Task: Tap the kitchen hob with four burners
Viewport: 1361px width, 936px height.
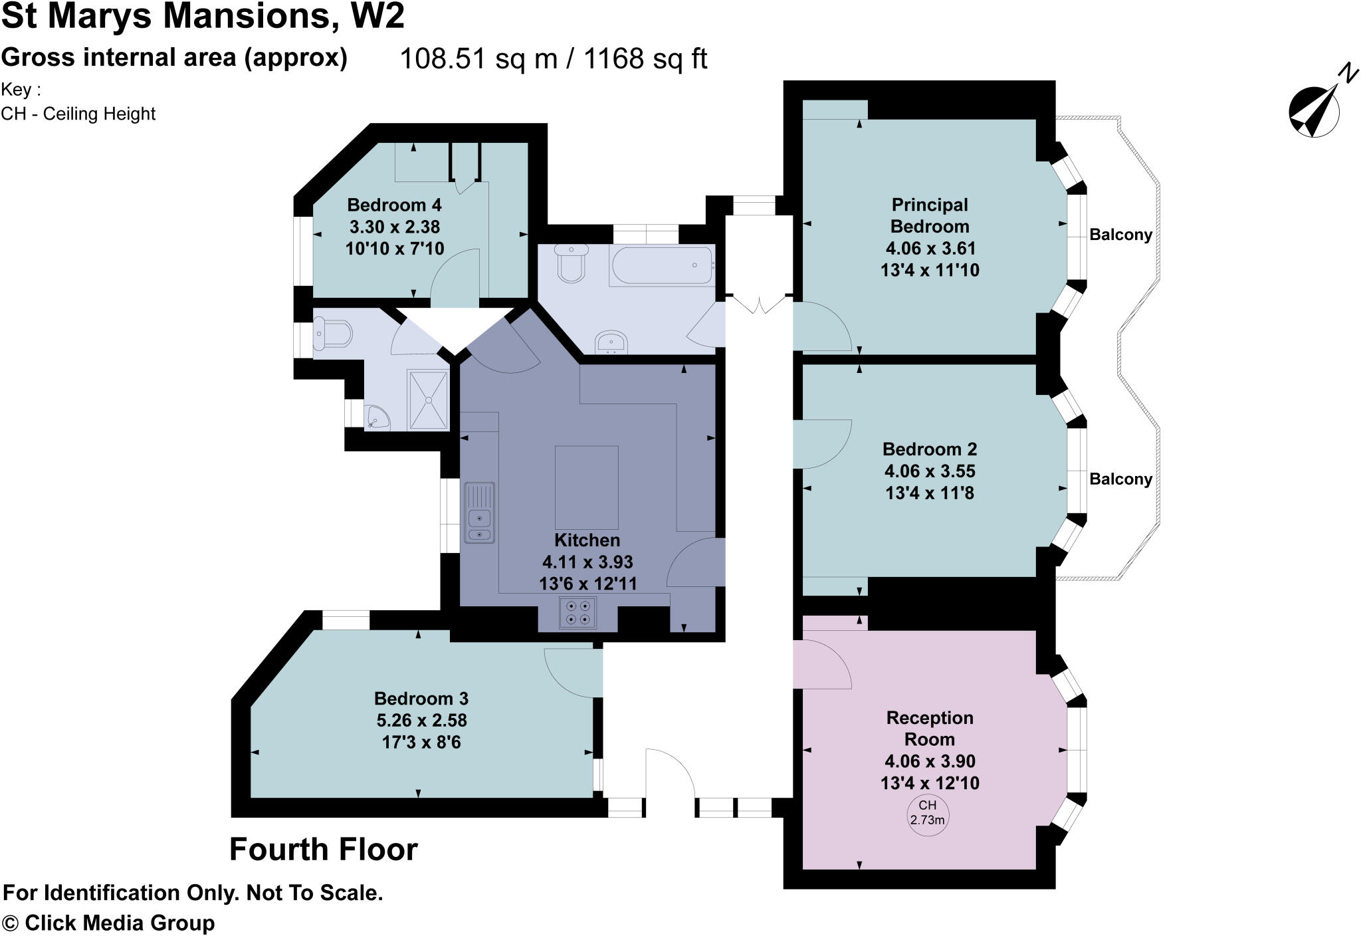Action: click(577, 613)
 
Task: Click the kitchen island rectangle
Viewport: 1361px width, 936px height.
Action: click(586, 487)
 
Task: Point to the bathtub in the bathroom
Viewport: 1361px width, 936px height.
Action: click(662, 265)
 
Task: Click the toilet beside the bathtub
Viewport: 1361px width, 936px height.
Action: click(571, 263)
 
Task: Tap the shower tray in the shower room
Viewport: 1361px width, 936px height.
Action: click(429, 400)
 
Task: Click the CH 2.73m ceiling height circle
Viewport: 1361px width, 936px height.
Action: click(928, 813)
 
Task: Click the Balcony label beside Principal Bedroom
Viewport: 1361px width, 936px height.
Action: click(1120, 235)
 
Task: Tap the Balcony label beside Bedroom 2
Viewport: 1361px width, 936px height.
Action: click(1120, 479)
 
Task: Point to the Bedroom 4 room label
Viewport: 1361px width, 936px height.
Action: click(394, 205)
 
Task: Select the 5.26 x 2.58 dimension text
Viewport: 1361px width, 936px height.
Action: click(421, 721)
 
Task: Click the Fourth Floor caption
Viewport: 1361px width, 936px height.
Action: click(324, 850)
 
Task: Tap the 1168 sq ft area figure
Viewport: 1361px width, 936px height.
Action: click(645, 59)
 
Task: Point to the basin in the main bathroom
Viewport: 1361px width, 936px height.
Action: click(611, 342)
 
